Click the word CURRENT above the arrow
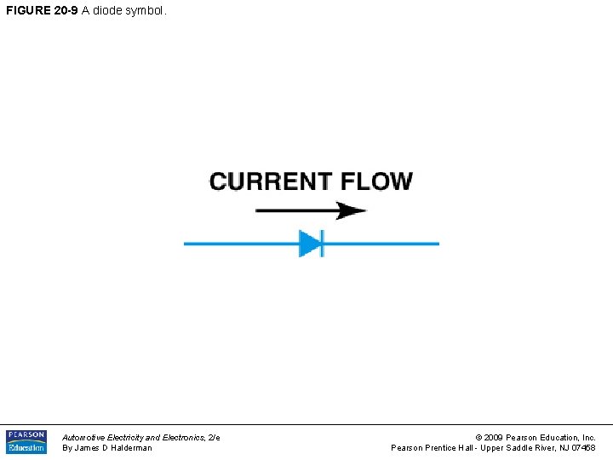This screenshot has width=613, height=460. pos(271,181)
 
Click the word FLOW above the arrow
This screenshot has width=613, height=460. pos(376,181)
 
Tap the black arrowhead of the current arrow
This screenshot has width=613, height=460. pos(350,210)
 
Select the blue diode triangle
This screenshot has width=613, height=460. pos(309,244)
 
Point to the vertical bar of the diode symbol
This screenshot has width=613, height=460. pos(322,244)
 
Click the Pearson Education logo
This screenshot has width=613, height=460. pos(26,441)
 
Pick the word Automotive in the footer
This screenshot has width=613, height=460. pos(83,437)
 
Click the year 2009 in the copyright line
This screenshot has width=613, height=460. pos(495,437)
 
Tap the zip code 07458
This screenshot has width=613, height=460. pos(583,448)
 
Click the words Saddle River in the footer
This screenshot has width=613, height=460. pos(531,448)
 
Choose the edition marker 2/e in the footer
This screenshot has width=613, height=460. pos(213,437)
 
